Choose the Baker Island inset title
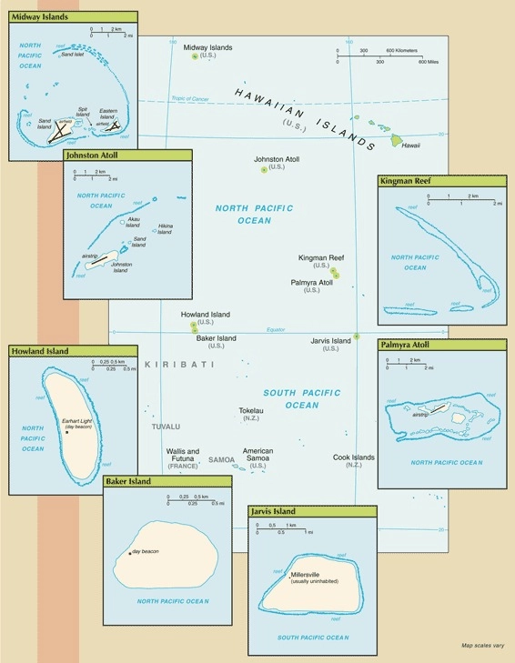click(128, 480)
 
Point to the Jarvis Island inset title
click(278, 512)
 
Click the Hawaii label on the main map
click(411, 145)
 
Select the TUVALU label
click(166, 426)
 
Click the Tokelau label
click(250, 410)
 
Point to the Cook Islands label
click(353, 457)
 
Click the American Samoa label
click(258, 451)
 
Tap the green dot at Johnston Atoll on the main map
click(264, 170)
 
